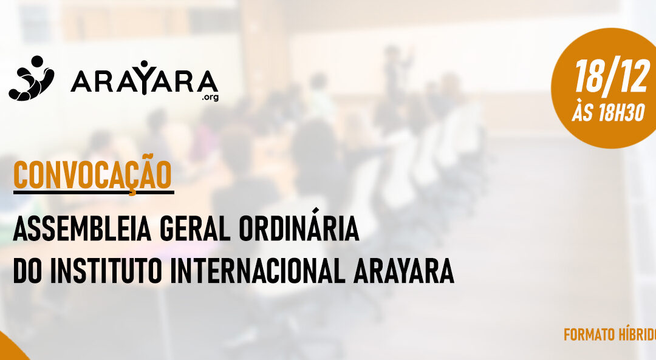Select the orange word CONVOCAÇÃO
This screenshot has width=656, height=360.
92,174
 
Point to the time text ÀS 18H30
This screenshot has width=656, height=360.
608,113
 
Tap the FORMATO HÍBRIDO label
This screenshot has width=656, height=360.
609,335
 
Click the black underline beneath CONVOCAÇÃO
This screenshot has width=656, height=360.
93,192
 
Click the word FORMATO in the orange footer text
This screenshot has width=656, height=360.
587,335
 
